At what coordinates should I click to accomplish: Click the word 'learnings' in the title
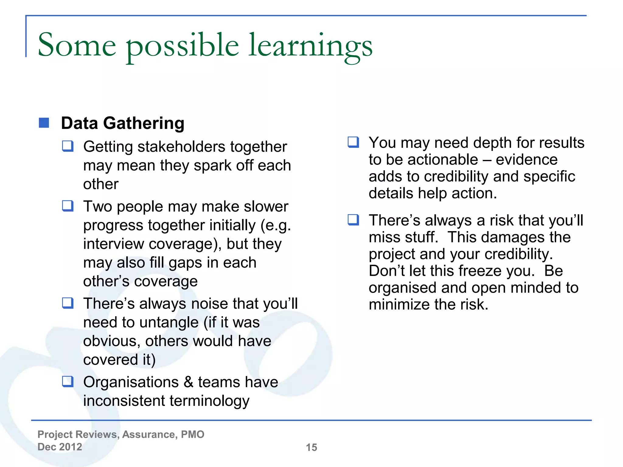[310, 46]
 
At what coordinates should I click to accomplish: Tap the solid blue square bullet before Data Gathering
[44, 123]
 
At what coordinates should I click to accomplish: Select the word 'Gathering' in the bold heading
[144, 123]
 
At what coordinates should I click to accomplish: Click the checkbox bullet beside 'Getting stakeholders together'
[68, 146]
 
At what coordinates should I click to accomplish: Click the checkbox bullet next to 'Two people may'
[68, 206]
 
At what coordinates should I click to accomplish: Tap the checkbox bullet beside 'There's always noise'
[68, 303]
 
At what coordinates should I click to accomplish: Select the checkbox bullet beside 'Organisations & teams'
[68, 381]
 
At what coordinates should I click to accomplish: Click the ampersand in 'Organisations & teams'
[189, 382]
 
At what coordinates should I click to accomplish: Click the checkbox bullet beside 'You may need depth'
[353, 142]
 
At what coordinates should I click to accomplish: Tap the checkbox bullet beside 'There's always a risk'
[353, 220]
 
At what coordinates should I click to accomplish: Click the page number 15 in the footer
[311, 447]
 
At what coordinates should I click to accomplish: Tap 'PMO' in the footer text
[193, 434]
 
